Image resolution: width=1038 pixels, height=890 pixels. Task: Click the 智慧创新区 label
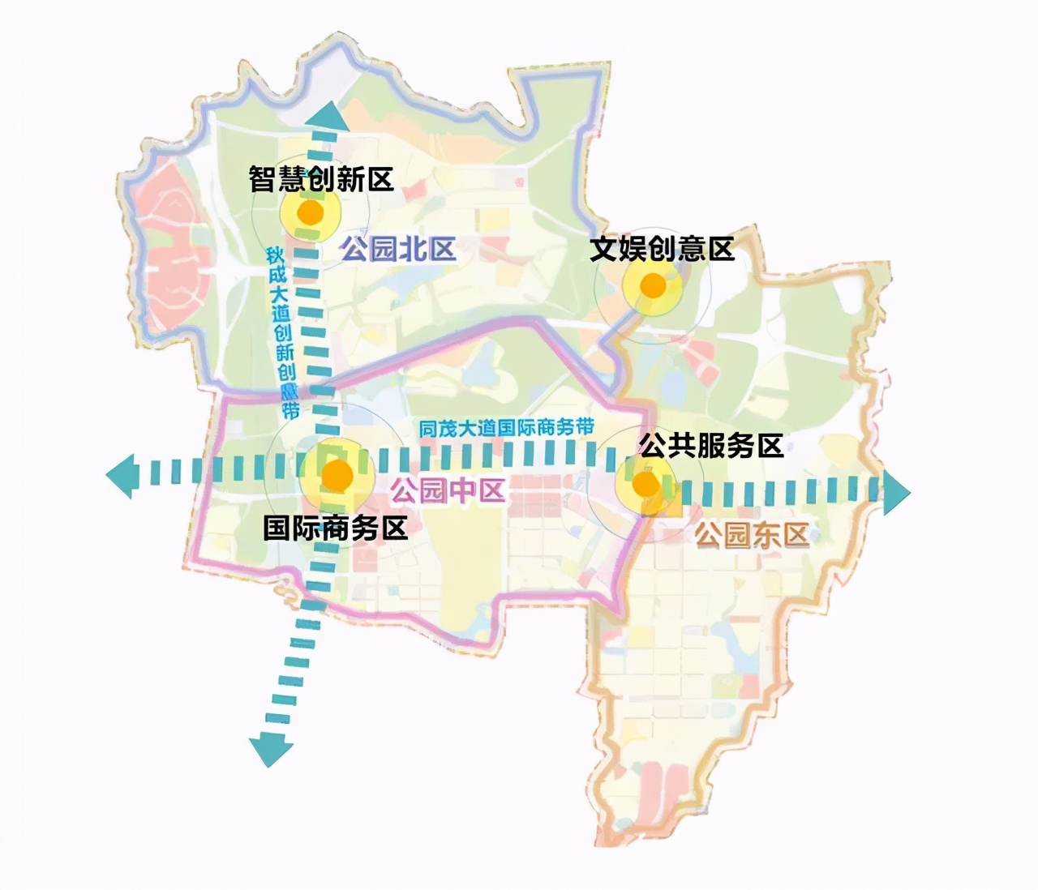pos(321,179)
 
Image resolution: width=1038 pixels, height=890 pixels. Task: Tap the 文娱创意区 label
pos(662,249)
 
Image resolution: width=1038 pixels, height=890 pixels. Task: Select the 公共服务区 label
pos(711,445)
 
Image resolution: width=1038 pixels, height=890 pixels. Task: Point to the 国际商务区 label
pos(335,528)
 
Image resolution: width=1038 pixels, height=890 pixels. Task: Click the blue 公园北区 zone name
pos(398,249)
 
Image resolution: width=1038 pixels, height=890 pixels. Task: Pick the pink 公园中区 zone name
pos(448,490)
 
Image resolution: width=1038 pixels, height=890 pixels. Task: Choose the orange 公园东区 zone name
pos(752,535)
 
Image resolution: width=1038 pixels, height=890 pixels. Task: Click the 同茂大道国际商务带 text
pos(507,428)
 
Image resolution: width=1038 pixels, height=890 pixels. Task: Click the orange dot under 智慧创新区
pos(310,212)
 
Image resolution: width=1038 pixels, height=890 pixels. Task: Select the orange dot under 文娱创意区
pos(653,285)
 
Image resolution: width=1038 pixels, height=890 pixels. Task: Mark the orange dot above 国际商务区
pos(337,476)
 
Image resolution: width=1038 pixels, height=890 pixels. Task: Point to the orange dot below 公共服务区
pos(645,485)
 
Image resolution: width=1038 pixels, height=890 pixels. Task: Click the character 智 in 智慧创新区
pos(264,179)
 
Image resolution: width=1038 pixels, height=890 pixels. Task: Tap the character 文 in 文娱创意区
pos(604,249)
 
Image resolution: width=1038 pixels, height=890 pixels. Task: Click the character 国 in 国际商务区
pos(277,528)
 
